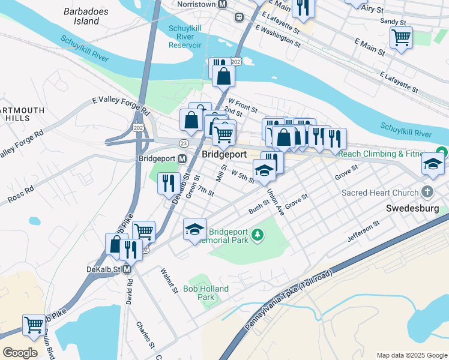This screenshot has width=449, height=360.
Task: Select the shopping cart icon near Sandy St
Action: coord(401,38)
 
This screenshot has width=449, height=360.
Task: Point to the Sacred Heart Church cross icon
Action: coord(427,193)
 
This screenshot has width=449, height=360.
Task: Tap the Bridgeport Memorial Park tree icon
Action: coord(258,233)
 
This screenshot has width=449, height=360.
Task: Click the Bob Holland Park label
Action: coord(206,293)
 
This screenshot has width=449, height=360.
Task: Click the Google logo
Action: coord(19,352)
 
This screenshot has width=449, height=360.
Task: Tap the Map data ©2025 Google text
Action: coord(411,355)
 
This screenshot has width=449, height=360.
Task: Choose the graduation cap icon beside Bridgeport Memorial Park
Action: coord(194,229)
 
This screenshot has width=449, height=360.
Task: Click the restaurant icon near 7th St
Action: coord(169,182)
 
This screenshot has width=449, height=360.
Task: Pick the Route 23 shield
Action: coord(183,142)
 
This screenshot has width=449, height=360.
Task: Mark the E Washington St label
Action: coord(277,35)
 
